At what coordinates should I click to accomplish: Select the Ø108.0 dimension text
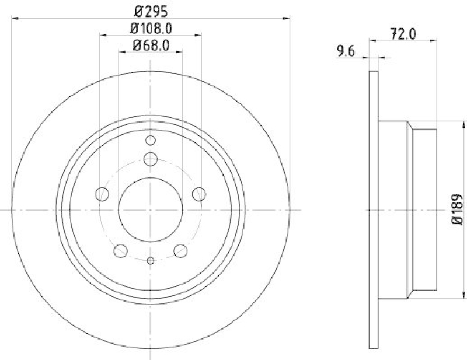[151, 27]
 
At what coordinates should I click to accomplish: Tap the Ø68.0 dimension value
[151, 45]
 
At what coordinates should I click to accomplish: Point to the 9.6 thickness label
[346, 51]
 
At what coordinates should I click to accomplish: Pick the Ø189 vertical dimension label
[458, 209]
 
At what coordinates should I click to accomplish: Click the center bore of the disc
[151, 209]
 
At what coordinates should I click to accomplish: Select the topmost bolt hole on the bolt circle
[151, 158]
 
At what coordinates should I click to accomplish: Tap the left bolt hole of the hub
[102, 194]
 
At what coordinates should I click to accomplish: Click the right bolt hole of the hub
[199, 194]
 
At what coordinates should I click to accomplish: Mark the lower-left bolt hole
[121, 250]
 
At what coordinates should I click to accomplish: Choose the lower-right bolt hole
[180, 250]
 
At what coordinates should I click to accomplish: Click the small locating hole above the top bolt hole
[151, 140]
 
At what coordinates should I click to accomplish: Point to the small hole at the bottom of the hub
[151, 261]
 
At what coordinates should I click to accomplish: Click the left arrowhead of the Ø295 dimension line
[14, 18]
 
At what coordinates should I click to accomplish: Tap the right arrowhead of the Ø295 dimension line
[287, 18]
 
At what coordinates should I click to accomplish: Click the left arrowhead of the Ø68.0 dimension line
[122, 53]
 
